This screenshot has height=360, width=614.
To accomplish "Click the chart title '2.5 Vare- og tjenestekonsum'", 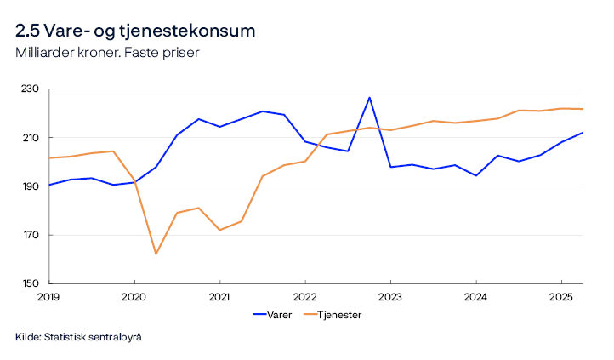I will click(x=135, y=31).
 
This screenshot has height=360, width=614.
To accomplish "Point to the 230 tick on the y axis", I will click(x=31, y=89).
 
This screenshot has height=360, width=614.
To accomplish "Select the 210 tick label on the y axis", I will click(x=31, y=138).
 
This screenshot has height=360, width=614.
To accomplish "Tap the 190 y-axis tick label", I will click(x=31, y=186).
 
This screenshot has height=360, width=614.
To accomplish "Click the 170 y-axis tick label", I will click(x=31, y=235).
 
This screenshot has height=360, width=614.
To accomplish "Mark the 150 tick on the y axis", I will click(x=31, y=283).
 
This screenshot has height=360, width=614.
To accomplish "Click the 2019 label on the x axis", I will click(x=49, y=297).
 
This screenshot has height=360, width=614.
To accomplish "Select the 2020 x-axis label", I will click(x=134, y=297).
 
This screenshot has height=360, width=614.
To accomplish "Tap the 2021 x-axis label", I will click(x=219, y=297).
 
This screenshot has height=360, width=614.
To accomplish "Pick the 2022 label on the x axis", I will click(x=304, y=297).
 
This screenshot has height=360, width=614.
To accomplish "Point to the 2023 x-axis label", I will click(x=390, y=297).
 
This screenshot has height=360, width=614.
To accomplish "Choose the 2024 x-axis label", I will click(x=475, y=297).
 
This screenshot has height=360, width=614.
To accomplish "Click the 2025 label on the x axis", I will click(x=560, y=297).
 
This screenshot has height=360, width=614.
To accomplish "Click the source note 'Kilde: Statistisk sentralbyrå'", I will click(x=78, y=338).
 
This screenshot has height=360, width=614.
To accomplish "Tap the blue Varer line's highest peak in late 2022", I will click(x=369, y=97).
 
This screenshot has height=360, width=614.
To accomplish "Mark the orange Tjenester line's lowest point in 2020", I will click(x=156, y=254).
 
